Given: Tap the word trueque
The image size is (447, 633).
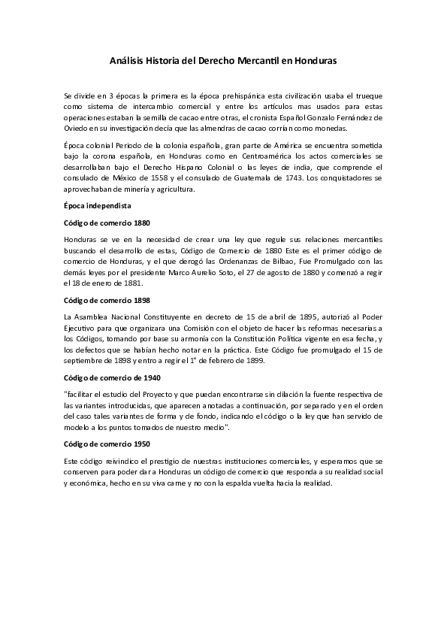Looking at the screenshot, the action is click(x=370, y=98).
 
